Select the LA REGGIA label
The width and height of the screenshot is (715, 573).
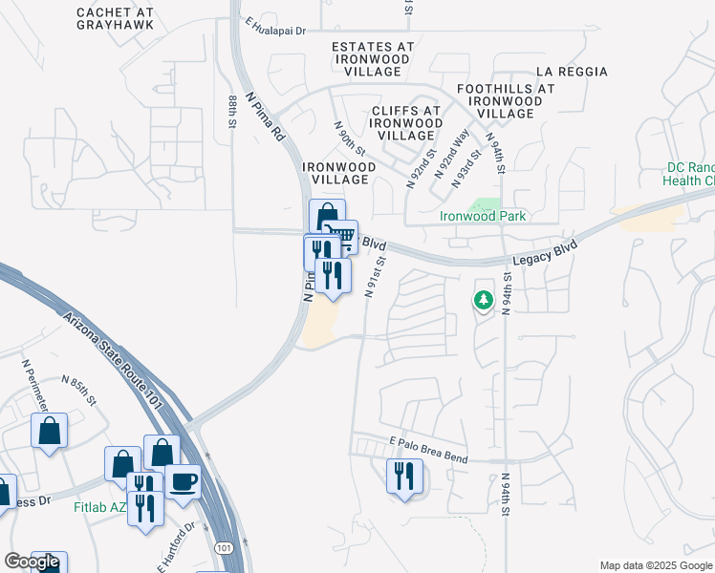(572, 72)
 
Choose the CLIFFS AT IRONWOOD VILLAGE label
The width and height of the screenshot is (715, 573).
(405, 123)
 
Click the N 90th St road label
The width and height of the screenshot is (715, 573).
(349, 138)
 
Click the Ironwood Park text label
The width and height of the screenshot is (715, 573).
(483, 216)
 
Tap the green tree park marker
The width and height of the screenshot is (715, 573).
(484, 300)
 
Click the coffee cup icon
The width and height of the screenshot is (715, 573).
(183, 481)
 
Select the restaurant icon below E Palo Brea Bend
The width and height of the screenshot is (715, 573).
(403, 475)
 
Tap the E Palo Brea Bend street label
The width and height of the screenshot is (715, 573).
(428, 451)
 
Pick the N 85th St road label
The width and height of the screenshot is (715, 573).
(78, 389)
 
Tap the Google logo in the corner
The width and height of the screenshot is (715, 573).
(32, 562)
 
